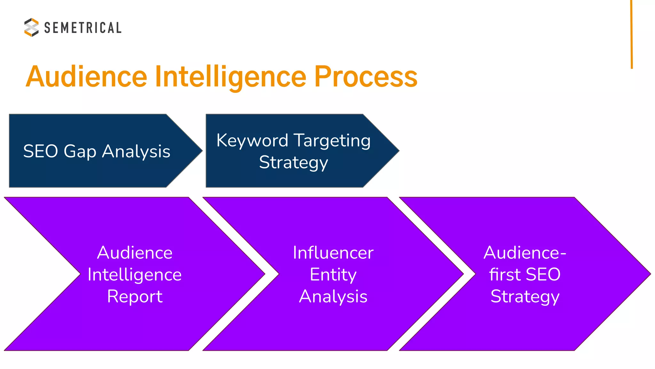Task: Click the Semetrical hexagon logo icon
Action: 31,27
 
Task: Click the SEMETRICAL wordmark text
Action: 83,28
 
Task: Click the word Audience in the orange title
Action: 87,77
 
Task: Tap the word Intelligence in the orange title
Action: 231,77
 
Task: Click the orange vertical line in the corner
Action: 632,34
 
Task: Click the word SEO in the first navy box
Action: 40,151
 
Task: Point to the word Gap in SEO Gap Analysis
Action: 80,152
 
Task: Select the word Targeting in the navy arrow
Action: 332,141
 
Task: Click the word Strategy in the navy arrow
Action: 294,163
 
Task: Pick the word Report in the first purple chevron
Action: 135,297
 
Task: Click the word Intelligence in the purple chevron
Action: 135,275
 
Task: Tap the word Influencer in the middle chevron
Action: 333,253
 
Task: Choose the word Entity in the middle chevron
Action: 333,275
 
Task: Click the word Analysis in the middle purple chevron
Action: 333,296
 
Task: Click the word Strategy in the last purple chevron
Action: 525,297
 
